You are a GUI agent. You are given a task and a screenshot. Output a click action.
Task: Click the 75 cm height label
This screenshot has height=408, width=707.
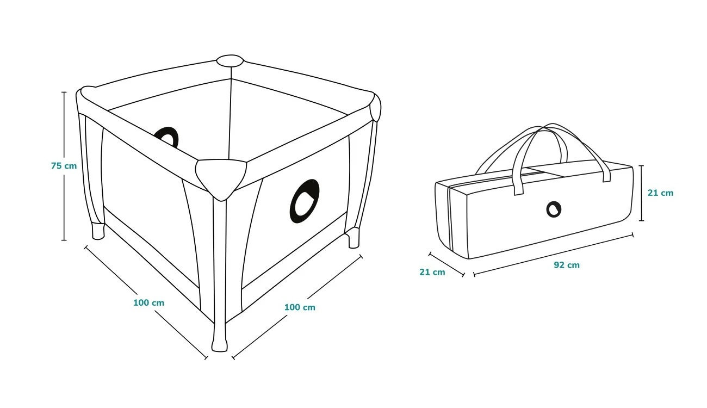[64, 166]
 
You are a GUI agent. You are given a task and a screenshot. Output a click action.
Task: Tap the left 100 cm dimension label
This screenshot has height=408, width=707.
[148, 302]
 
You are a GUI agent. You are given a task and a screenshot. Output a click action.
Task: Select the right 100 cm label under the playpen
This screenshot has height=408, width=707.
[300, 307]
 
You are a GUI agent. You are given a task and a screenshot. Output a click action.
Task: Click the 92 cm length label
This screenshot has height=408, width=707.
[567, 264]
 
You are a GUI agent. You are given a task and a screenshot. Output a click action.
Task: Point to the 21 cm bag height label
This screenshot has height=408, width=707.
[660, 193]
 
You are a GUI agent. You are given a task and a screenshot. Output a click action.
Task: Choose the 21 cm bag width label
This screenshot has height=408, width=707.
[432, 271]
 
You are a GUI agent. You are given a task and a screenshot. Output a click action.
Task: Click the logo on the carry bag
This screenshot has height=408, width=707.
[554, 209]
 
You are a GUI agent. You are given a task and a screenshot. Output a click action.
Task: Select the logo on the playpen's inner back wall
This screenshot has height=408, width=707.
[167, 137]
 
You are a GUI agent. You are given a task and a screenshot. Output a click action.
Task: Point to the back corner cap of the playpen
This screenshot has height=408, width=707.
[230, 60]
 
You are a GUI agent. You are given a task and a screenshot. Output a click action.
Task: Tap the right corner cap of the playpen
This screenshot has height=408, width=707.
[376, 107]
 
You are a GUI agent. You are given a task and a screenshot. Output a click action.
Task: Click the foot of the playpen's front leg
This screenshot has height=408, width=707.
[220, 345]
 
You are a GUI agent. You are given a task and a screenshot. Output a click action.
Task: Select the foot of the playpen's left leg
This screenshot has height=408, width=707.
[98, 231]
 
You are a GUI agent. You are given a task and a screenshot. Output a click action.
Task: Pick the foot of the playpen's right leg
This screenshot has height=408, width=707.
[353, 238]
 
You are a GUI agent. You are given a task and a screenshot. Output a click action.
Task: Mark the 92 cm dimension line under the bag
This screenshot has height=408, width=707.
[553, 254]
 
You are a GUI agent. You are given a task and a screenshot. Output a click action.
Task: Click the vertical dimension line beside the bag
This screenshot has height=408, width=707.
[641, 193]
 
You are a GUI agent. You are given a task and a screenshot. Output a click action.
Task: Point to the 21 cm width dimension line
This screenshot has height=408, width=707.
[446, 264]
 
